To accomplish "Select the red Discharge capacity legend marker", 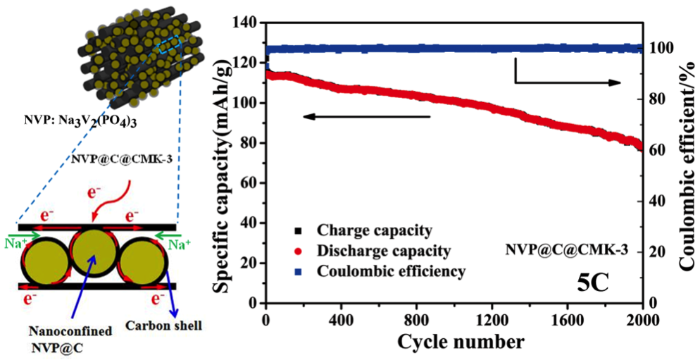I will click(x=299, y=251).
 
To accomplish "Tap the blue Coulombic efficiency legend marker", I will click(x=299, y=271).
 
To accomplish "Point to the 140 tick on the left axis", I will click(x=249, y=23).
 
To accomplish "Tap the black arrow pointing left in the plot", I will click(x=366, y=116).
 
